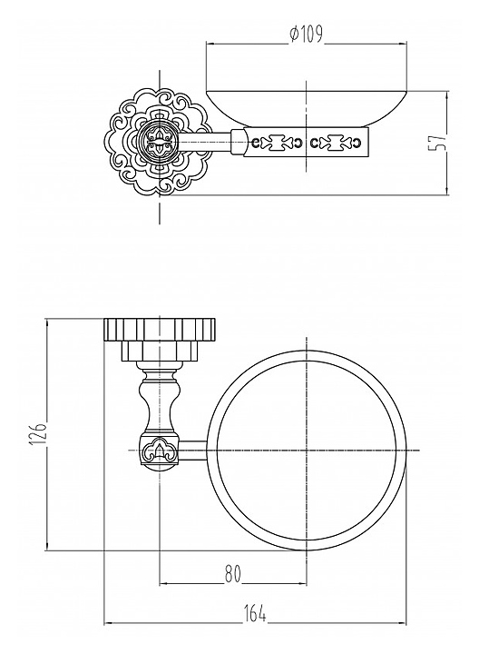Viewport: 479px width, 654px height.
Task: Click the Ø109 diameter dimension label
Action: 306,34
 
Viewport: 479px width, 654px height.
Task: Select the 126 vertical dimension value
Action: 37,434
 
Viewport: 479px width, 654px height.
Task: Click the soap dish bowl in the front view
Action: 306,108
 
